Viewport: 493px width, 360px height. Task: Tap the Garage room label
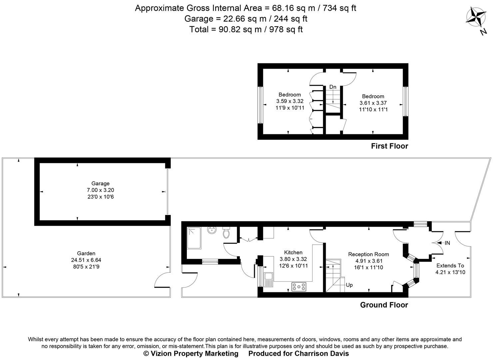pos(100,183)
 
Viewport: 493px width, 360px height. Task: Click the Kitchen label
pos(293,252)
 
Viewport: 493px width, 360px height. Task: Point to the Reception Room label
pos(368,254)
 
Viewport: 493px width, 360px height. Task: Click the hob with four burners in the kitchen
pos(299,286)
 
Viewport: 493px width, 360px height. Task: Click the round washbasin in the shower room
pos(211,230)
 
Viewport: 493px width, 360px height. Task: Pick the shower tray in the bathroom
pos(194,238)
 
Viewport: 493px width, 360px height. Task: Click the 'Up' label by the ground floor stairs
pos(349,285)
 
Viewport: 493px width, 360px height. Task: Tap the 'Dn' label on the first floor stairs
pos(333,87)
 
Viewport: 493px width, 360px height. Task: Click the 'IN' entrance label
pos(447,243)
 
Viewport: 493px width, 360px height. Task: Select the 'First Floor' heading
pos(389,146)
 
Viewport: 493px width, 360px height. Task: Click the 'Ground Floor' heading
pos(384,305)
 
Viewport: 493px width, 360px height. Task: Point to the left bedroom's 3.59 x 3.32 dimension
pos(289,101)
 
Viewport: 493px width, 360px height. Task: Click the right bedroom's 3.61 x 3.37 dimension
pos(373,103)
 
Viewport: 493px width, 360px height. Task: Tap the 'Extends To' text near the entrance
pos(450,266)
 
